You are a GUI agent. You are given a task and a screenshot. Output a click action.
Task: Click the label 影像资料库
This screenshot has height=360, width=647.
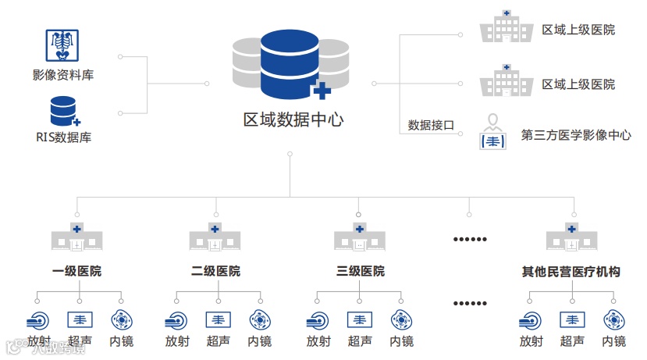(64, 76)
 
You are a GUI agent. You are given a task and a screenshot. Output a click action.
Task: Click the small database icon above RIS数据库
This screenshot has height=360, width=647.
(64, 111)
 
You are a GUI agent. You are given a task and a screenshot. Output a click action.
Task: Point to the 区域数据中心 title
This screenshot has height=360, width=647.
(293, 120)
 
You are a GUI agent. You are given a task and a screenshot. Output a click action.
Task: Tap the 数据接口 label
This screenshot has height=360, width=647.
(431, 125)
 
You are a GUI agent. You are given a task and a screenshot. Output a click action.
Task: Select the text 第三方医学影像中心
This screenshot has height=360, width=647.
(576, 135)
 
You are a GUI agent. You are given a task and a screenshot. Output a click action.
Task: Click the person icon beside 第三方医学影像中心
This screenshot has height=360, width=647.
(492, 132)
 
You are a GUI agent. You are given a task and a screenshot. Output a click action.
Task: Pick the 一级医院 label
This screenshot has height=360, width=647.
(76, 272)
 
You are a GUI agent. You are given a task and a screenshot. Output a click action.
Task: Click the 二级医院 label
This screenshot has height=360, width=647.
(215, 272)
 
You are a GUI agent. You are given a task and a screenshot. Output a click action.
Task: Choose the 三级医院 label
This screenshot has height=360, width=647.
(360, 272)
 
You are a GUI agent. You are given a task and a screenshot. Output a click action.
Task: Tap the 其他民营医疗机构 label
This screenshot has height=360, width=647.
(571, 272)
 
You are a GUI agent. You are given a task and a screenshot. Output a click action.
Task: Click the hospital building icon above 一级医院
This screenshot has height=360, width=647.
(76, 236)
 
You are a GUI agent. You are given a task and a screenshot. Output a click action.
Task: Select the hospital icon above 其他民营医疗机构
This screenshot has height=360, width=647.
(572, 236)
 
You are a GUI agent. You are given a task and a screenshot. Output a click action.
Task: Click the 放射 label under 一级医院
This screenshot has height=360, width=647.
(39, 341)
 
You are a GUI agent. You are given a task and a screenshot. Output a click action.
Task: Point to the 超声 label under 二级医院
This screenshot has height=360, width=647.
(219, 341)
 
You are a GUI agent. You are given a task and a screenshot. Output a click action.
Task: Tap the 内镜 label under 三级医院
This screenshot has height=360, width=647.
(401, 341)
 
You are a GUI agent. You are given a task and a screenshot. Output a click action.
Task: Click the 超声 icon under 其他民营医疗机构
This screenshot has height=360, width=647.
(573, 319)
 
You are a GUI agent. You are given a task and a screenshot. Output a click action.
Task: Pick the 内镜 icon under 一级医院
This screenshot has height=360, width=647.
(121, 319)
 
